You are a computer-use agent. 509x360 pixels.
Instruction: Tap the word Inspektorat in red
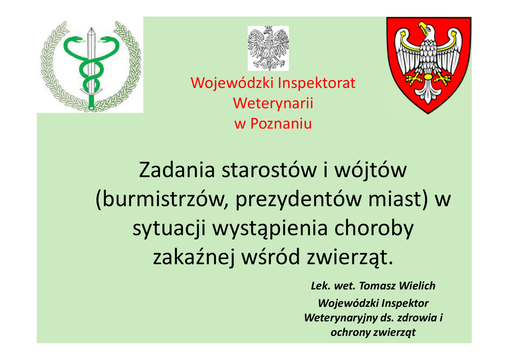pos(317,83)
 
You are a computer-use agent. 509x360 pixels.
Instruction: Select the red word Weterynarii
pos(273,103)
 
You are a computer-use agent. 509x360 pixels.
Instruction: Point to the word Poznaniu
pos(281,124)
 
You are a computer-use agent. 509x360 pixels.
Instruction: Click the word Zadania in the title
pos(177,170)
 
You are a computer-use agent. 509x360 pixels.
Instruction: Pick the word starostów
pos(269,171)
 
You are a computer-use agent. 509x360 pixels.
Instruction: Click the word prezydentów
pos(298,200)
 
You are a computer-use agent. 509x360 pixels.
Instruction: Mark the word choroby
pos(374,229)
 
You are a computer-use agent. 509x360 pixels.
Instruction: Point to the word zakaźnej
pos(193,257)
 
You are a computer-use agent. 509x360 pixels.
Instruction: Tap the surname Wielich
pos(417,285)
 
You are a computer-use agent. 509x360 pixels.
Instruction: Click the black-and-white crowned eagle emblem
pos(268,48)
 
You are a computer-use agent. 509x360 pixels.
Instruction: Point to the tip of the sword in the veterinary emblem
pos(91,28)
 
